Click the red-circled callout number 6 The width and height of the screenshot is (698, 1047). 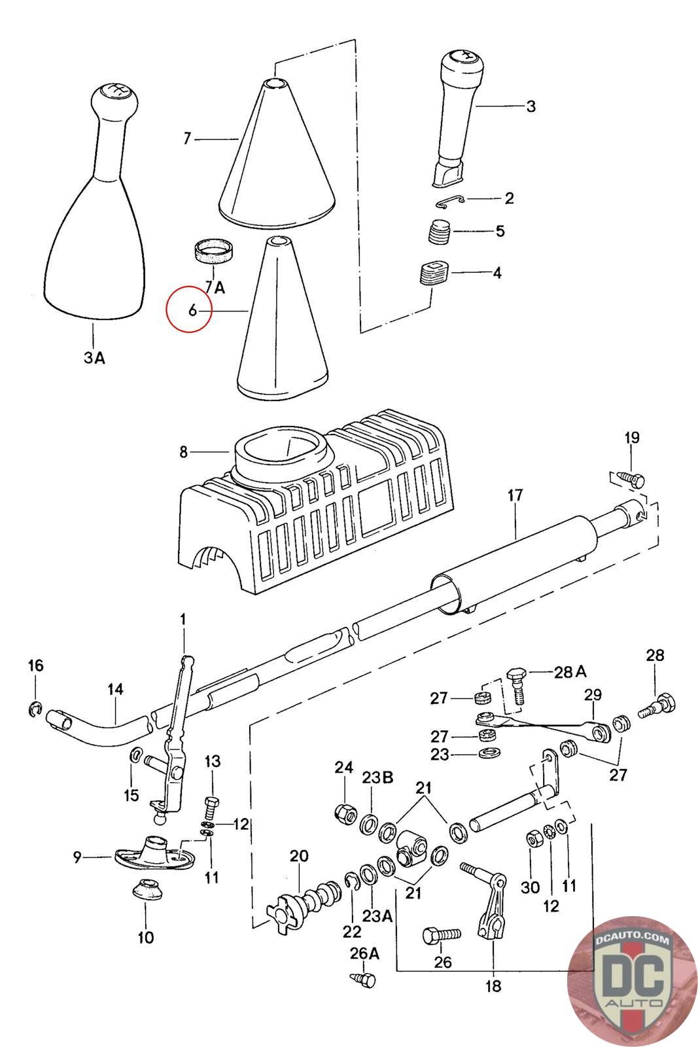(x=192, y=310)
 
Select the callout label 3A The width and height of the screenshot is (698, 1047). (x=94, y=357)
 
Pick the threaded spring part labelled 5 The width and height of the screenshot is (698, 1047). (x=439, y=232)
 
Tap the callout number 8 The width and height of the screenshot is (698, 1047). (x=183, y=452)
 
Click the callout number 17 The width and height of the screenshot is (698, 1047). (x=515, y=495)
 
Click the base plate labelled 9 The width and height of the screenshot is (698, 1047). (x=154, y=853)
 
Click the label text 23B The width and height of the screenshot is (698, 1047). (x=377, y=778)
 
